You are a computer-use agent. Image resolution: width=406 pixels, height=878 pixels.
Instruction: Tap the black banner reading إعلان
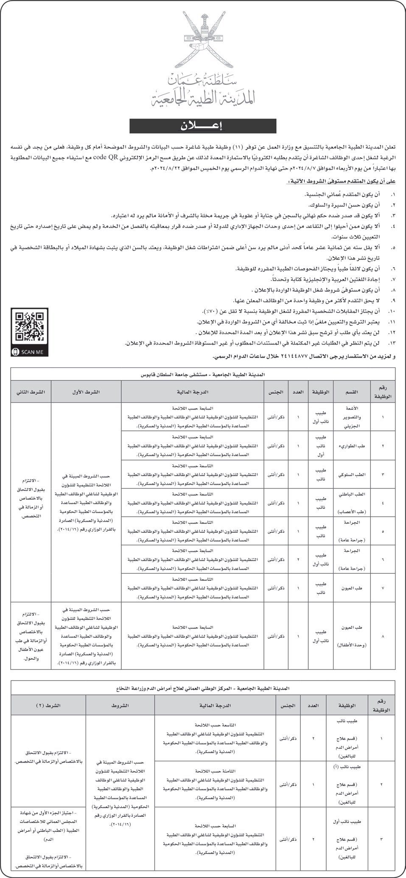pyautogui.click(x=203, y=126)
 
